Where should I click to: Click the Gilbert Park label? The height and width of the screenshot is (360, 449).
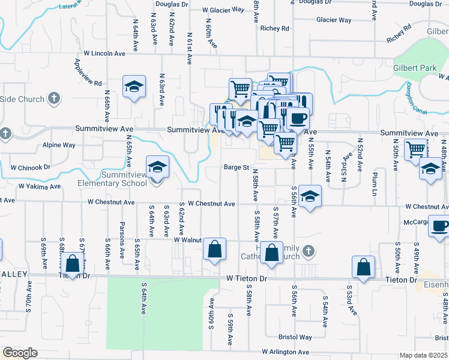[x=415, y=68]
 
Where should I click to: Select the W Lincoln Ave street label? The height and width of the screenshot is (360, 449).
[x=104, y=53]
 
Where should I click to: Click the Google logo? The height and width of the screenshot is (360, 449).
[x=20, y=353]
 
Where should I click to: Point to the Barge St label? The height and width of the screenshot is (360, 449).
[x=237, y=167]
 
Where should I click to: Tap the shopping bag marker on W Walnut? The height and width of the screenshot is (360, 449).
[x=214, y=249]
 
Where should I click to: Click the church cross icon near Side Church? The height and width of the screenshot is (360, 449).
[x=54, y=98]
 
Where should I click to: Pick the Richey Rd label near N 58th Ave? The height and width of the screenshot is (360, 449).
[x=275, y=28]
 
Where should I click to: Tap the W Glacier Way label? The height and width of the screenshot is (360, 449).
[x=223, y=10]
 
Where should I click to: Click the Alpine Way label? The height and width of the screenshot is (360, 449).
[x=59, y=145]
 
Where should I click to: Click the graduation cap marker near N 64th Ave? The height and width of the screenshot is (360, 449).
[x=134, y=87]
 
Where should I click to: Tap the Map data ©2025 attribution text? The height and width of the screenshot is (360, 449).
[x=424, y=355]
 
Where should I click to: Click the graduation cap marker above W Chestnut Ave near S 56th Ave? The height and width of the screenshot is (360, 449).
[x=310, y=196]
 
